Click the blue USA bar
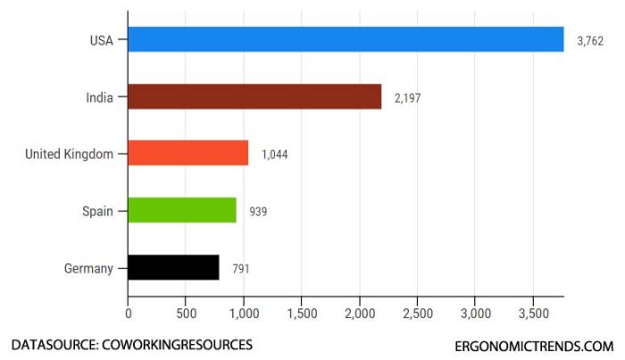346,39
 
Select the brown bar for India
254,96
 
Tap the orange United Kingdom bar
187,154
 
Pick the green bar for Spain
182,211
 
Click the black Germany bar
173,267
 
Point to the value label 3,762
590,41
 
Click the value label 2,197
407,98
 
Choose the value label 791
241,269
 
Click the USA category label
101,39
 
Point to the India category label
100,96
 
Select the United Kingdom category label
70,154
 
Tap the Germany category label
88,268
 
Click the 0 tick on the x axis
129,314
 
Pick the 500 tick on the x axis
186,314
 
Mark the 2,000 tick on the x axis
359,314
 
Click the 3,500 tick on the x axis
533,314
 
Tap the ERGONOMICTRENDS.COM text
534,346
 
